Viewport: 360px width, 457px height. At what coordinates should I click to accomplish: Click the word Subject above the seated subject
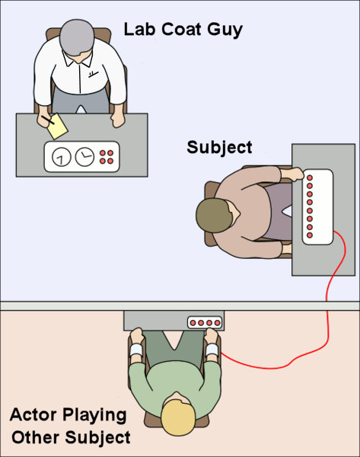pyautogui.click(x=219, y=148)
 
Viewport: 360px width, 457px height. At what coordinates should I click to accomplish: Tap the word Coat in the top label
pyautogui.click(x=181, y=29)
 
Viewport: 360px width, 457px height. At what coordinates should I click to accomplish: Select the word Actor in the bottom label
pyautogui.click(x=33, y=414)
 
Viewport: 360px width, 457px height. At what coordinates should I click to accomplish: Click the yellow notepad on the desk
pyautogui.click(x=57, y=126)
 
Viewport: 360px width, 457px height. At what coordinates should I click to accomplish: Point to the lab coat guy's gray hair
pyautogui.click(x=77, y=37)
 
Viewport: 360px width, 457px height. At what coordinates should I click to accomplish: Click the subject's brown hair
pyautogui.click(x=214, y=216)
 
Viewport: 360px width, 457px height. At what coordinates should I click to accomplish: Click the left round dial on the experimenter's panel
pyautogui.click(x=61, y=157)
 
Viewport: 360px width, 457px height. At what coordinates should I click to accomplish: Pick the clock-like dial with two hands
pyautogui.click(x=84, y=156)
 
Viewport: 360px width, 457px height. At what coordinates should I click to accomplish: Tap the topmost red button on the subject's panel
pyautogui.click(x=310, y=177)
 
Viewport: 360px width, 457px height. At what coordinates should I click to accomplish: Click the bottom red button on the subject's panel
pyautogui.click(x=310, y=235)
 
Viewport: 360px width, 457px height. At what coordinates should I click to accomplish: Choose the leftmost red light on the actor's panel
pyautogui.click(x=193, y=323)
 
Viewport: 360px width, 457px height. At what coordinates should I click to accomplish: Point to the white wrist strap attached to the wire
pyautogui.click(x=212, y=350)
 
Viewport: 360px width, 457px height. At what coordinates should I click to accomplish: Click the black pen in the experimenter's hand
pyautogui.click(x=48, y=120)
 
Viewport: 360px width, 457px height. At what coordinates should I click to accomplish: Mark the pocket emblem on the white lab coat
pyautogui.click(x=93, y=74)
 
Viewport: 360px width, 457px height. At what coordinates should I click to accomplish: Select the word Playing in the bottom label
pyautogui.click(x=94, y=416)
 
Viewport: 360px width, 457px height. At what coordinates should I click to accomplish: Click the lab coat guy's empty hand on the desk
pyautogui.click(x=118, y=120)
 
